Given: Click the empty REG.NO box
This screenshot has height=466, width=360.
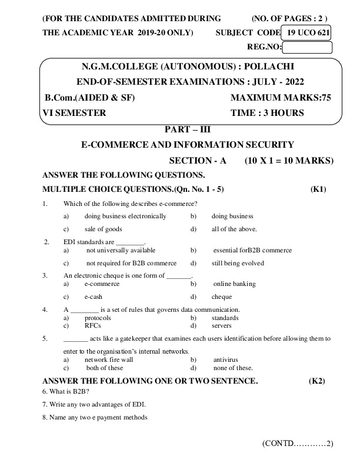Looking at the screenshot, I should click(x=308, y=48).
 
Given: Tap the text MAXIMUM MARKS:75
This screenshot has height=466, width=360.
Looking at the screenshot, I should click(x=281, y=98).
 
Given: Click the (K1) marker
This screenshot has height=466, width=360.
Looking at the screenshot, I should click(x=318, y=189).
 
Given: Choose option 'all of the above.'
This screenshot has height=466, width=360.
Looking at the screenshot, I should click(x=234, y=229).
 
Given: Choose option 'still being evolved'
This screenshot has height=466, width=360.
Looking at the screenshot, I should click(x=238, y=263).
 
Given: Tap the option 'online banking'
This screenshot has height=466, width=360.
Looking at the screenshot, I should click(x=234, y=284).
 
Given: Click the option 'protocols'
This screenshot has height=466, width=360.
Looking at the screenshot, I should click(x=98, y=318).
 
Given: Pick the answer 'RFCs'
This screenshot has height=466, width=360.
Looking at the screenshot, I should click(x=92, y=325).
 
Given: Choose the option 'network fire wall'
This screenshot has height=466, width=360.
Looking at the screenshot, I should click(x=109, y=359).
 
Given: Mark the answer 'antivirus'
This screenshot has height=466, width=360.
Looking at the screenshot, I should click(x=226, y=359).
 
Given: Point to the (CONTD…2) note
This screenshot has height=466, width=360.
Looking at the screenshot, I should click(x=298, y=443).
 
